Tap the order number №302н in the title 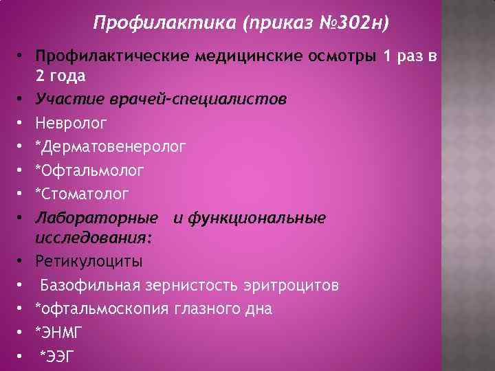pyautogui.click(x=351, y=25)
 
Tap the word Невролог pyautogui.click(x=71, y=123)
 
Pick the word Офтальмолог pyautogui.click(x=85, y=170)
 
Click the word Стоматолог pyautogui.click(x=84, y=194)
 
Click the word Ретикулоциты pyautogui.click(x=89, y=262)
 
